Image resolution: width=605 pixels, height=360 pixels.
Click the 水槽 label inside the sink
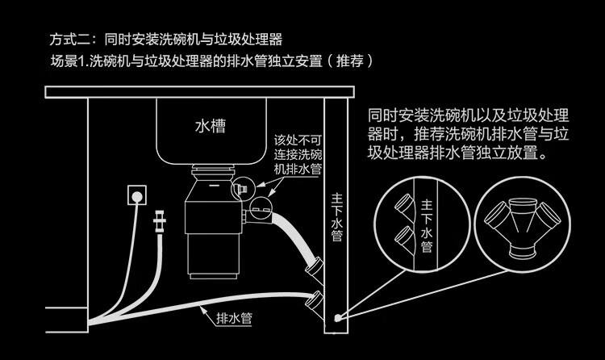pos(211,127)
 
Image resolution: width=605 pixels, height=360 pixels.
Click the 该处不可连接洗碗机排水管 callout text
pos(298,154)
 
